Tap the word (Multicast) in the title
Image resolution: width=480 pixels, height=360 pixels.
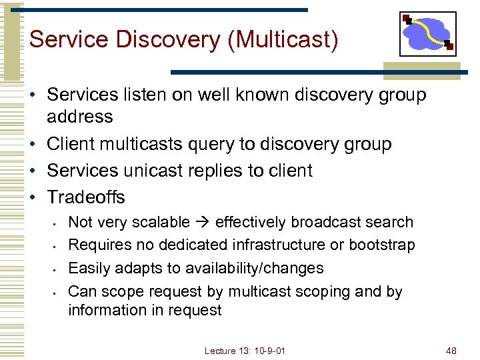point(283,39)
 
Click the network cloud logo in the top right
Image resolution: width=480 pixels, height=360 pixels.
point(427,33)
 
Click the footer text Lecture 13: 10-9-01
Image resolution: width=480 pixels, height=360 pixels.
point(245,351)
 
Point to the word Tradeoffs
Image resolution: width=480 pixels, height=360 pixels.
point(86,197)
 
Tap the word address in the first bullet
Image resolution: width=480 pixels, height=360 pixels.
point(80,117)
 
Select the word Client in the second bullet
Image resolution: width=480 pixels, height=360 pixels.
point(71,144)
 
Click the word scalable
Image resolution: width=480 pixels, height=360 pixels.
point(161,222)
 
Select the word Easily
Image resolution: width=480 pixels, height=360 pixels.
point(90,268)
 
